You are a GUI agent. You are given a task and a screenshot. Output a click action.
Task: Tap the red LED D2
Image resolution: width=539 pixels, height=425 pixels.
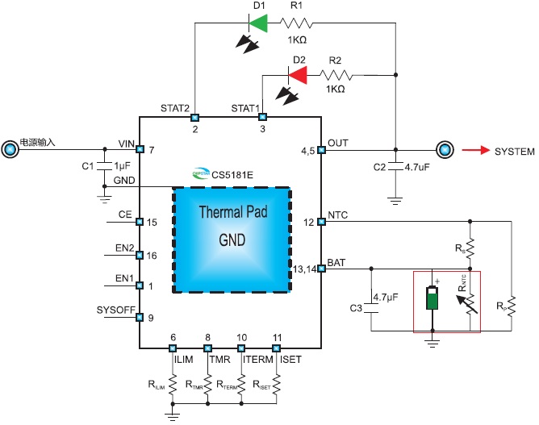point(298,75)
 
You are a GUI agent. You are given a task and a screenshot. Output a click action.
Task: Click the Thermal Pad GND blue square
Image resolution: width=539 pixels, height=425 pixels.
point(231,240)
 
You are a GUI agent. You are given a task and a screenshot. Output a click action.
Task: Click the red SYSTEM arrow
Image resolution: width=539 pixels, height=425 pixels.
point(475,150)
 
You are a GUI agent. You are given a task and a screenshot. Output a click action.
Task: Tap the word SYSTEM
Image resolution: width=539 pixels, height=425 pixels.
point(513,150)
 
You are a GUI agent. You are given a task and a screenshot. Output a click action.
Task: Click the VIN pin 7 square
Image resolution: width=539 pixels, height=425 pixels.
point(140,149)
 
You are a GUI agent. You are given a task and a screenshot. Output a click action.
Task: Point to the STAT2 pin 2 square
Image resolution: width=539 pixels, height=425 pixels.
point(195,117)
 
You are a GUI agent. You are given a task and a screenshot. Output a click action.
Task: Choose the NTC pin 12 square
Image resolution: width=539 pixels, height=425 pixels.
point(321,221)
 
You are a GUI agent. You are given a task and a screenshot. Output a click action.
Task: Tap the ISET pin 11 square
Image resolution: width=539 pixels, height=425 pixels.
point(277,348)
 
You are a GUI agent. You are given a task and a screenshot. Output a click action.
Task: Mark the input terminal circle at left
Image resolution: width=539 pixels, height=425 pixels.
point(10,149)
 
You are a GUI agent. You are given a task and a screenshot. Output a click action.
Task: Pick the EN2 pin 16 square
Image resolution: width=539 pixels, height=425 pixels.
point(140,255)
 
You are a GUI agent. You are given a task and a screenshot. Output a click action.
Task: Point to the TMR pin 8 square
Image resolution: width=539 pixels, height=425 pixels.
point(207,348)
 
